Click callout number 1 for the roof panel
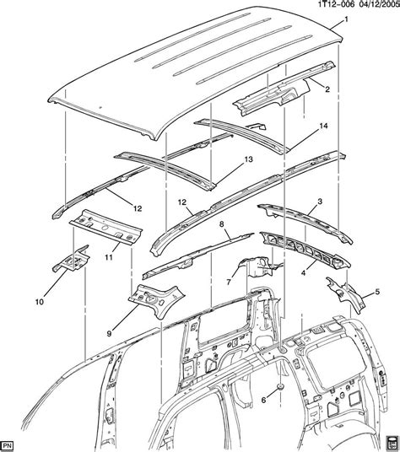[346, 19]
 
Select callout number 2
[327, 89]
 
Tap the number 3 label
[320, 202]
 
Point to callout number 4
[303, 272]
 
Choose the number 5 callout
[377, 292]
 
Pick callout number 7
[229, 282]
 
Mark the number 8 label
[221, 224]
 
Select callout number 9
[109, 334]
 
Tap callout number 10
[40, 302]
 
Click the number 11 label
[109, 257]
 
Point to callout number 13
[249, 159]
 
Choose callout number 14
[323, 126]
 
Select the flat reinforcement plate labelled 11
[106, 228]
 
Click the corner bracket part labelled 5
[346, 295]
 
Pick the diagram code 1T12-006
[332, 4]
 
